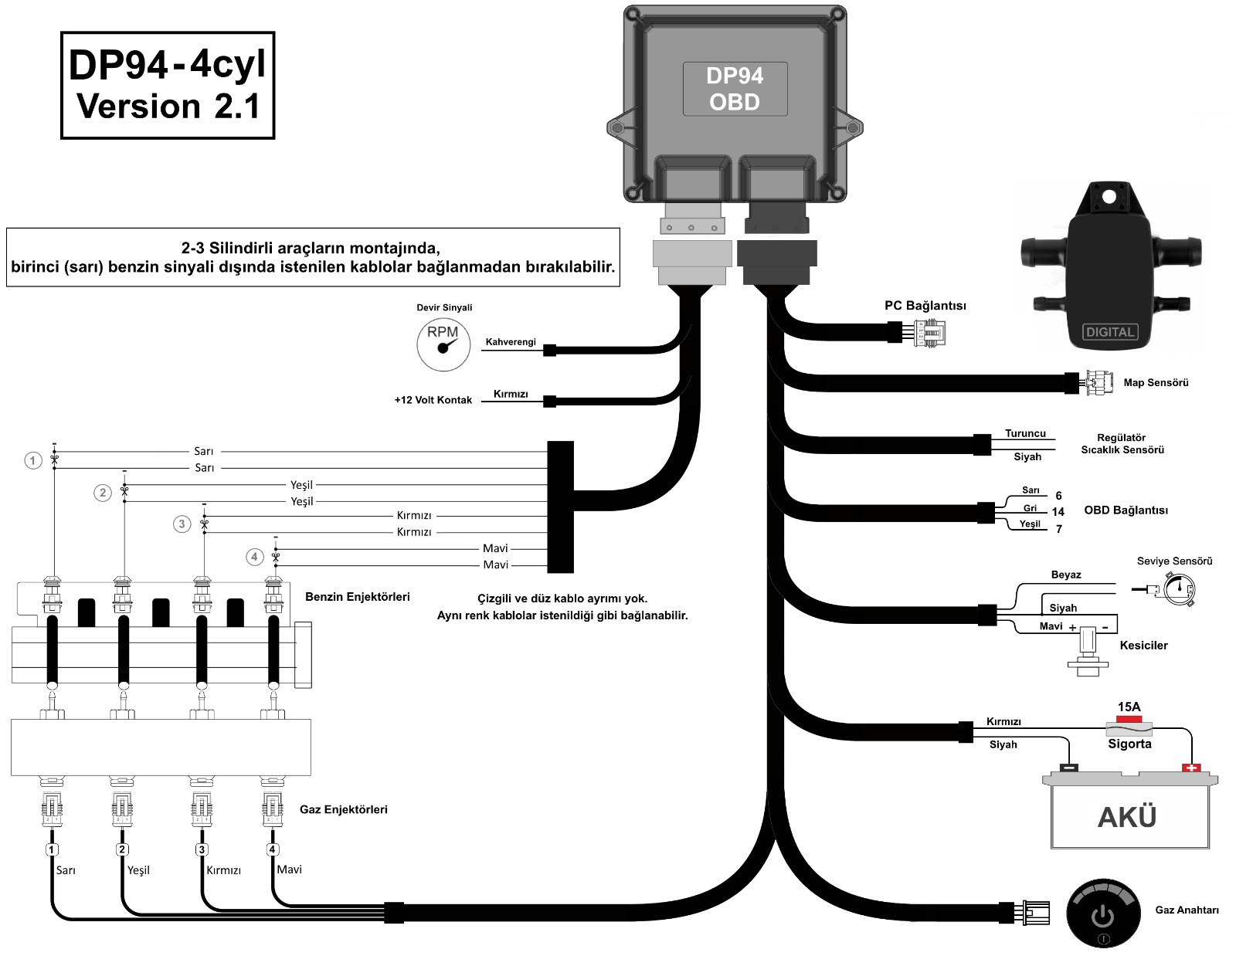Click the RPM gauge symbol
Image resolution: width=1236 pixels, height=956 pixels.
coord(443,345)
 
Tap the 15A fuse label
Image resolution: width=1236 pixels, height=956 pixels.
coord(1129,707)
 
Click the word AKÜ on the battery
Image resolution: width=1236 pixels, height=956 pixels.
coord(1127,817)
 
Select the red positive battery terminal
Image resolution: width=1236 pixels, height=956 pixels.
coord(1191,768)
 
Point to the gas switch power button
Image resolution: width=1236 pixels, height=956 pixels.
coord(1102,916)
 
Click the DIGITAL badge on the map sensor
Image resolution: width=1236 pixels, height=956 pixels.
coord(1109,332)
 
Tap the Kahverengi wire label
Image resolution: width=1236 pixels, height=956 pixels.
coord(510,342)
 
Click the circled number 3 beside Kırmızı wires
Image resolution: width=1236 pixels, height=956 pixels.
coord(182,524)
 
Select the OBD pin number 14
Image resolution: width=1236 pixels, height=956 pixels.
coord(1058,512)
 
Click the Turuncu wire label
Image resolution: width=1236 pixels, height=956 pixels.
coord(1025,433)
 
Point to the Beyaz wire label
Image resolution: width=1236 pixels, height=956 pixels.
coord(1065,575)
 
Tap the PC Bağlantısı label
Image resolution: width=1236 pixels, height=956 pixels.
coord(925,306)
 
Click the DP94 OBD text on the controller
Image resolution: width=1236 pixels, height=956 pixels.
coord(735,89)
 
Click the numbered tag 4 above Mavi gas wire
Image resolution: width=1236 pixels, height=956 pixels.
coord(272,849)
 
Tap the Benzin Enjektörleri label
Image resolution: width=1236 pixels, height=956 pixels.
coord(357,597)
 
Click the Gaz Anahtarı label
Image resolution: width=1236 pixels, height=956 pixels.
coord(1187,910)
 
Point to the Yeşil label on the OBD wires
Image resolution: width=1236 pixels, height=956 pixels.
coord(1029,524)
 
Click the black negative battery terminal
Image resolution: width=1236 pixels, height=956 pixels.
coord(1068,768)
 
